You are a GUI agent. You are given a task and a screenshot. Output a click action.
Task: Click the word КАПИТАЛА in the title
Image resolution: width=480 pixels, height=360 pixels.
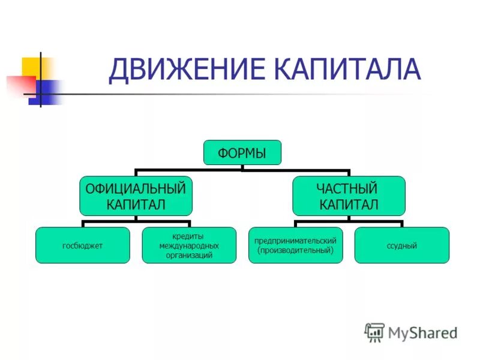point(348,69)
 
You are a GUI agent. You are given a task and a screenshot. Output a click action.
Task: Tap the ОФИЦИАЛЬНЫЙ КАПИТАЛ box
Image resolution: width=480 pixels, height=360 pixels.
point(136,196)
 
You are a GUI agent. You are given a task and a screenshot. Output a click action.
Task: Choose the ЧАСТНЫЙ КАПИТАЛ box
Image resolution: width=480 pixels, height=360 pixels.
point(349,196)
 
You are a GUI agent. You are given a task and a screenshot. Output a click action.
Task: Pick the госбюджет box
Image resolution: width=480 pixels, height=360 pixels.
point(83,245)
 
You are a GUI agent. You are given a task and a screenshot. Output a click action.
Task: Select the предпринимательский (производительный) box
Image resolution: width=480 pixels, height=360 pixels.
point(295,245)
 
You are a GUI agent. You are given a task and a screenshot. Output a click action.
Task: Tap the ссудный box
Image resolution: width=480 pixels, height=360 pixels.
point(401,245)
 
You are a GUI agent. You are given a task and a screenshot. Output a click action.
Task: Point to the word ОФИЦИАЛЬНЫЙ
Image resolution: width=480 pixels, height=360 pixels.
point(136,188)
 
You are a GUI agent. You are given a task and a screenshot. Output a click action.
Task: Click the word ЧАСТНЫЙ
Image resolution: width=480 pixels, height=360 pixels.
point(349,188)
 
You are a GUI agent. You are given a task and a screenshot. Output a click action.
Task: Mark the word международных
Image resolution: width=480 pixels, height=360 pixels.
point(189,245)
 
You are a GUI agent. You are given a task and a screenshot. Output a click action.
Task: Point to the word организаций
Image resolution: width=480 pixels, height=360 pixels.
point(189,255)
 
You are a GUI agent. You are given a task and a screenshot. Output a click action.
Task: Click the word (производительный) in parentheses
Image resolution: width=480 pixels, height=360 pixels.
point(295,250)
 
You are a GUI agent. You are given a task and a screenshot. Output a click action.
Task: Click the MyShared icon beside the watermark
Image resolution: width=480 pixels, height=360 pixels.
point(374,332)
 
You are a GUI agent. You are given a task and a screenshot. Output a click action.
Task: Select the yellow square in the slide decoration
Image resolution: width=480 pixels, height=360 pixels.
point(31,67)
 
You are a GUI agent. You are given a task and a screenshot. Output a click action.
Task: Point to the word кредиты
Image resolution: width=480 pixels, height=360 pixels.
point(189,236)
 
